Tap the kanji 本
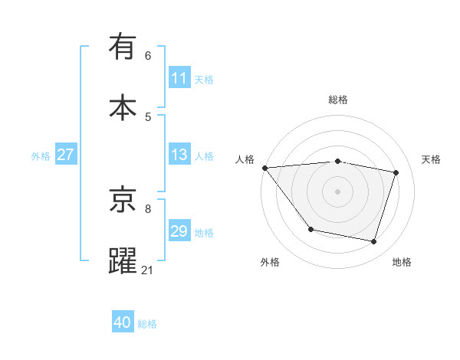pos(123,106)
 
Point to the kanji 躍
pos(123,260)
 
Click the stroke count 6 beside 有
pos(148,55)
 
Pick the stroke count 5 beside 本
pos(148,116)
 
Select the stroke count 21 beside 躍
pos(148,270)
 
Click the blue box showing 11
pos(179,78)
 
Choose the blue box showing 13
pos(179,155)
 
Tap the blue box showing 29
pos(179,231)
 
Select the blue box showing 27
pos(65,155)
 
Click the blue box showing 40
pos(123,322)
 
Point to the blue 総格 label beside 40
pos(147,324)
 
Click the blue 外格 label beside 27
pos(41,155)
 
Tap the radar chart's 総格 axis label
pos(338,100)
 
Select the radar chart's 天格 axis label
pos(431,159)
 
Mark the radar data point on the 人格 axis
pos(264,168)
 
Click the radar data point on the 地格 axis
pos(373,241)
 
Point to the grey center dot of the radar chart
pos(338,191)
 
